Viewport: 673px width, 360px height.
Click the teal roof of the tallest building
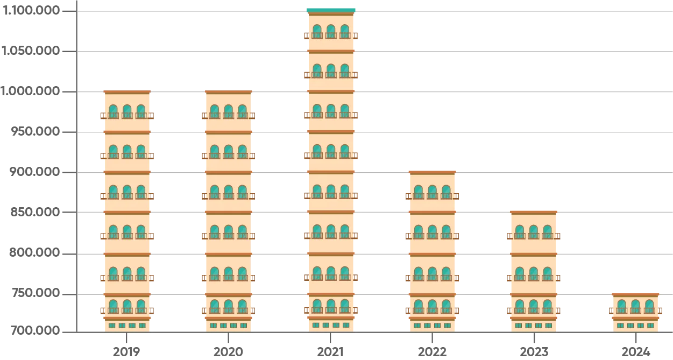331,9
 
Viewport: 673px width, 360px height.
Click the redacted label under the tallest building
329,351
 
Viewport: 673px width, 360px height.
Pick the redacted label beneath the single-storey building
635,351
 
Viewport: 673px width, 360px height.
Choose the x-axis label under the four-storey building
432,351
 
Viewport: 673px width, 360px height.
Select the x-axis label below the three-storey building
534,351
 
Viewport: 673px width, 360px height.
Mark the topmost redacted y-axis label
31,11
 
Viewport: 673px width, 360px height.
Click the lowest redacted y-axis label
36,328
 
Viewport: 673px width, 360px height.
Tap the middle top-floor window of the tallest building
331,30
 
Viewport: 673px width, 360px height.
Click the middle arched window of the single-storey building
635,307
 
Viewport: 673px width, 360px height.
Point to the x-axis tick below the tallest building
329,339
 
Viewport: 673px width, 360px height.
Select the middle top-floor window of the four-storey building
432,192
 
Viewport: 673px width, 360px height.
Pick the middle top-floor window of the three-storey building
534,231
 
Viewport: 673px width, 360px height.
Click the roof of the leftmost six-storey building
127,93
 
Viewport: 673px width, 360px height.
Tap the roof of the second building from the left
228,93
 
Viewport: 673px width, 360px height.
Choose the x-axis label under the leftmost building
127,351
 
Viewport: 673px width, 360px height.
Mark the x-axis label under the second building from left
228,351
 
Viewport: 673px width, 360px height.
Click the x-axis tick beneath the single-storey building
635,339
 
